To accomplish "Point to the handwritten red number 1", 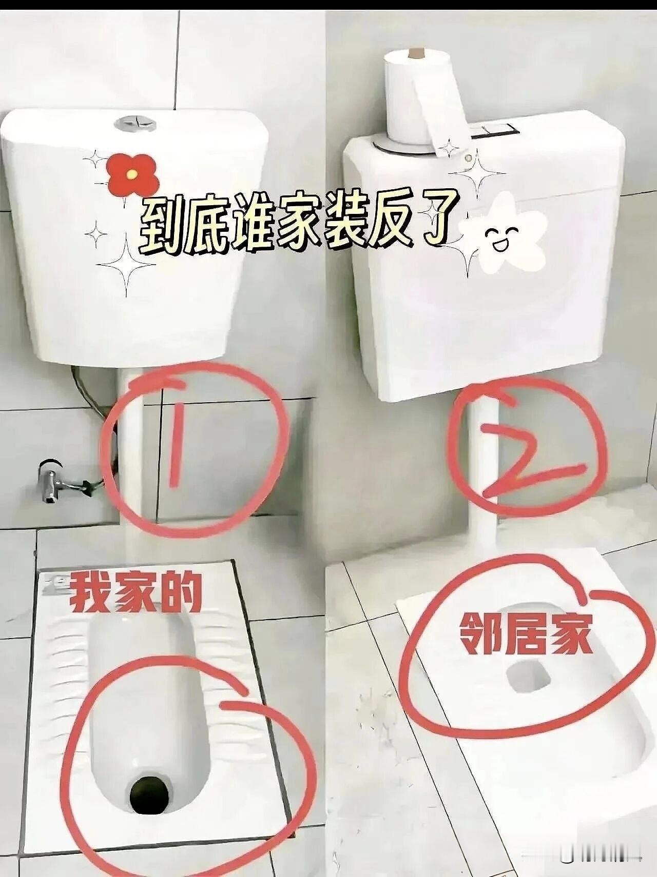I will click(177, 441).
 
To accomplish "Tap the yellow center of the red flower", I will click(133, 174).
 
